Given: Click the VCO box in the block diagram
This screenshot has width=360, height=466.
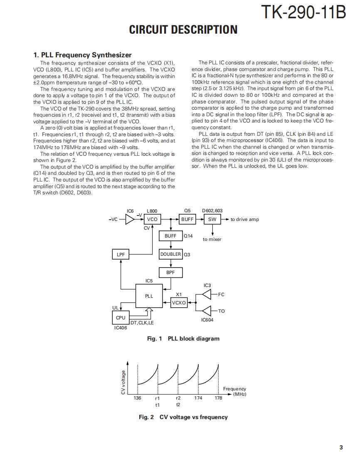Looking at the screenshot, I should (153, 219).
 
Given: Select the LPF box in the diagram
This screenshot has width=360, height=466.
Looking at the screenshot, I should (121, 254).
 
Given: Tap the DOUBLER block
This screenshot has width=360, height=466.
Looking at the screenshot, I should (170, 254).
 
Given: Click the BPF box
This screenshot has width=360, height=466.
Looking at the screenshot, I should (170, 272).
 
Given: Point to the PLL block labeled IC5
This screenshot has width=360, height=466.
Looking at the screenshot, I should (149, 296).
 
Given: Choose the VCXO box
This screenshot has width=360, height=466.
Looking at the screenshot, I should (179, 303).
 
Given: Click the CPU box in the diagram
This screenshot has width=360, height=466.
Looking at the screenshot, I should (121, 318).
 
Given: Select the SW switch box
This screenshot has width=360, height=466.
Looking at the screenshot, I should (212, 219).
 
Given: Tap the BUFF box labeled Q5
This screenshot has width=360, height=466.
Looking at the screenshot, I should (187, 219).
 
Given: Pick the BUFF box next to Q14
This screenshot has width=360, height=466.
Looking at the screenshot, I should (170, 236).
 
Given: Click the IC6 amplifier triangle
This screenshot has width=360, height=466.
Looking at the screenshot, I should (130, 219).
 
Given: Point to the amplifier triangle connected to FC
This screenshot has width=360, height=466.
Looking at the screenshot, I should (207, 294).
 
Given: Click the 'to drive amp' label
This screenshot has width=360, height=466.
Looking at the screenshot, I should (244, 219).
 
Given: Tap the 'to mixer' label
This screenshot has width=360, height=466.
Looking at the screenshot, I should (212, 239).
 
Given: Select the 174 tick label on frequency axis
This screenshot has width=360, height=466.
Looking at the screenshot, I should (198, 398).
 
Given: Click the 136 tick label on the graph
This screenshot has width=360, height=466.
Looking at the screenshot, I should (137, 398).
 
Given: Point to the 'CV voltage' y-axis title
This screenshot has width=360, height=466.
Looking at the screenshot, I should (123, 382).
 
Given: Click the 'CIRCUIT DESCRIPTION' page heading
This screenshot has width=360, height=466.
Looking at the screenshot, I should (183, 30).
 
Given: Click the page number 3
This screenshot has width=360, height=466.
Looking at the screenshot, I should (341, 447).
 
